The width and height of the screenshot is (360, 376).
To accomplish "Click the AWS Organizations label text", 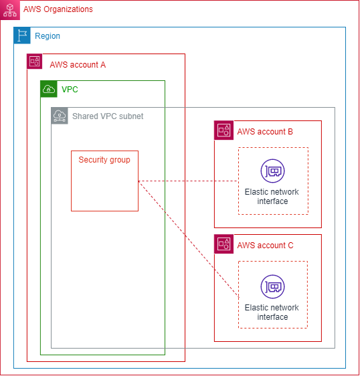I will pyautogui.click(x=58, y=9).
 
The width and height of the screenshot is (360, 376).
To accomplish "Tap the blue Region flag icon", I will pyautogui.click(x=22, y=35).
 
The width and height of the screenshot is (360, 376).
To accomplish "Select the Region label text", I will pyautogui.click(x=48, y=36).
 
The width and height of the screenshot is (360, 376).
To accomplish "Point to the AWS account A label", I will pyautogui.click(x=78, y=65).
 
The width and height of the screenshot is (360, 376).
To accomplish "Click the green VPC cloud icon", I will pyautogui.click(x=49, y=89).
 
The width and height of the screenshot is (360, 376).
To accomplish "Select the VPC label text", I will pyautogui.click(x=70, y=89).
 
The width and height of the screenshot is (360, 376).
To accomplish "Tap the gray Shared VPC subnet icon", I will pyautogui.click(x=60, y=116).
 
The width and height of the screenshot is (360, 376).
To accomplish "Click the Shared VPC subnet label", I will pyautogui.click(x=108, y=116).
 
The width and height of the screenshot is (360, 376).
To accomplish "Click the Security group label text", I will pyautogui.click(x=104, y=160).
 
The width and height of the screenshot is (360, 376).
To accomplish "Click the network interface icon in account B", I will pyautogui.click(x=272, y=172).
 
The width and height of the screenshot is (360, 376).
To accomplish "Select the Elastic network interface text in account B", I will pyautogui.click(x=272, y=197).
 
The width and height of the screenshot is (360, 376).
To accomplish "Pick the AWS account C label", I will pyautogui.click(x=265, y=246).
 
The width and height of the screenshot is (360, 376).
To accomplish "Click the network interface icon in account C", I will pyautogui.click(x=272, y=286).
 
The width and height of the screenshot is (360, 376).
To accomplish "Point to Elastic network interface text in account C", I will pyautogui.click(x=272, y=312).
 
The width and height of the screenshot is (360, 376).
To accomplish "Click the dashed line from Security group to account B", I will pyautogui.click(x=187, y=181).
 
